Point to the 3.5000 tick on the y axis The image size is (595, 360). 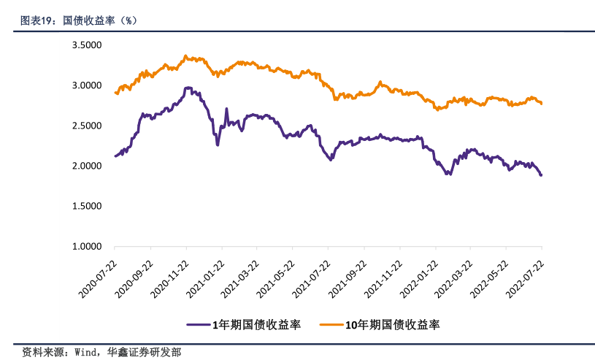[86, 45]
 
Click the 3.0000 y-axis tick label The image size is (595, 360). [86, 85]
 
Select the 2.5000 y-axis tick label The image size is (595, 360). [86, 126]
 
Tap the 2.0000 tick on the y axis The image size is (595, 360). [86, 166]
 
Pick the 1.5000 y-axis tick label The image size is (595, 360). [86, 206]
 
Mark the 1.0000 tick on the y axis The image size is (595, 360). [86, 246]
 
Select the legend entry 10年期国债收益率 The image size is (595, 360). [391, 323]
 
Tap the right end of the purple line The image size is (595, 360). [541, 175]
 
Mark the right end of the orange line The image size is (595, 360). [541, 103]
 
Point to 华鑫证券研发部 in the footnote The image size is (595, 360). [145, 351]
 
